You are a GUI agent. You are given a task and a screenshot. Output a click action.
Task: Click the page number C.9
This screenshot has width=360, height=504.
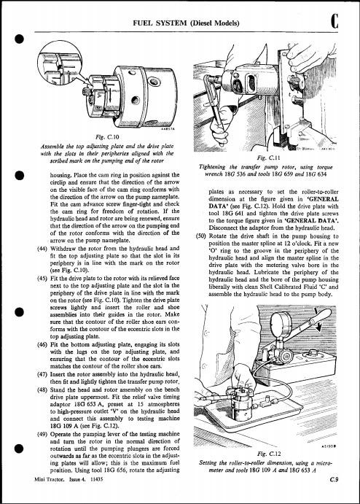[x=334, y=480]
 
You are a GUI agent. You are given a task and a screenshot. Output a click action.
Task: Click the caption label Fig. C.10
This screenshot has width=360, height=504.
[x=109, y=137]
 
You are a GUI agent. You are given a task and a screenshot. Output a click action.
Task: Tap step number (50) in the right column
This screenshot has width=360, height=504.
[x=200, y=236]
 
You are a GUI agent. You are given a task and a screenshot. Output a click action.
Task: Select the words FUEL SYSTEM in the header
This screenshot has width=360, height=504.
[x=160, y=23]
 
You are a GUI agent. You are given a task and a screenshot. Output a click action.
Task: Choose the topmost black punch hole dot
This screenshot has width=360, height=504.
[x=20, y=39]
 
